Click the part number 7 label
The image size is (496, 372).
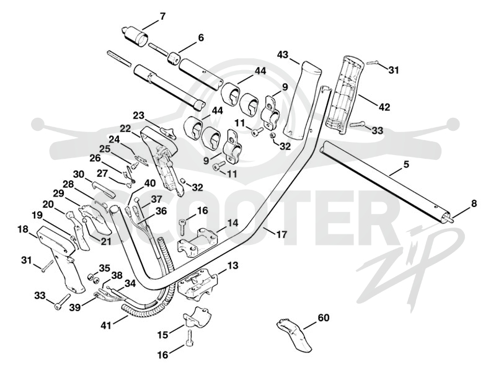click(x=162, y=17)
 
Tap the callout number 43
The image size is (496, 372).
click(x=283, y=55)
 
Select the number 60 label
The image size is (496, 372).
click(x=323, y=317)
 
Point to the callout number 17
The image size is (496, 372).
click(x=281, y=234)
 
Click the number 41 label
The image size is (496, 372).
click(x=106, y=325)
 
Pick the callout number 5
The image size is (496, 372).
click(x=407, y=164)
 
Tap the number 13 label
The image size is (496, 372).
click(x=233, y=265)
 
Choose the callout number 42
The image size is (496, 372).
click(x=384, y=107)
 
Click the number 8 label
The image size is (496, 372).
click(x=474, y=203)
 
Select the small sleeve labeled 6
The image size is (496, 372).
click(x=174, y=58)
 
